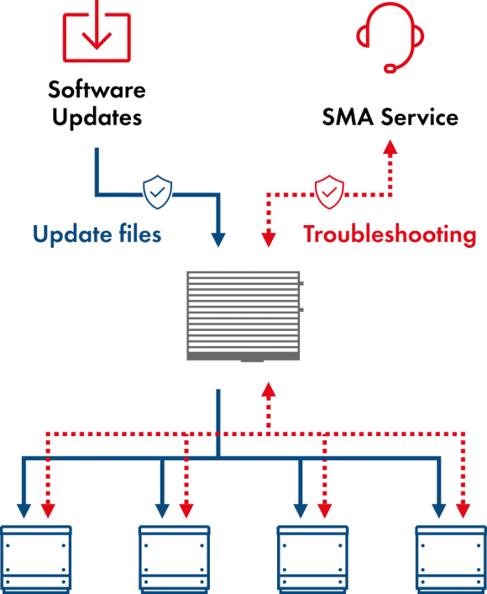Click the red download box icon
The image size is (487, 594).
click(97, 34)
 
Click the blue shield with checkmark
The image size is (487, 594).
click(157, 192)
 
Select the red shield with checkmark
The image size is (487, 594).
click(329, 192)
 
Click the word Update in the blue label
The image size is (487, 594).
click(70, 234)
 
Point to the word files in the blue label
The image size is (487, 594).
click(138, 234)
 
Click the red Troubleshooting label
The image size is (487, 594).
click(390, 235)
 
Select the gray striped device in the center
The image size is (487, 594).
click(243, 316)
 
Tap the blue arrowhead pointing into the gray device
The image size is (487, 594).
click(218, 240)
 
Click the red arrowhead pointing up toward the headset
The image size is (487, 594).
click(390, 145)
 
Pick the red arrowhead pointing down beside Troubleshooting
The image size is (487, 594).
click(269, 240)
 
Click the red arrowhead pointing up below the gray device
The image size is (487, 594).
click(268, 389)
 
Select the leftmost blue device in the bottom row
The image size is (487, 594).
click(36, 560)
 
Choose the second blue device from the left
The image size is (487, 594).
click(174, 560)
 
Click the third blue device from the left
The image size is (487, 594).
click(312, 560)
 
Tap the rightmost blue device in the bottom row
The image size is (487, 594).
click(451, 560)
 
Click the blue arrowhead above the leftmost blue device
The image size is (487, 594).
click(24, 510)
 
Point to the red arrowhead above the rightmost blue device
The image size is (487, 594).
click(463, 510)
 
